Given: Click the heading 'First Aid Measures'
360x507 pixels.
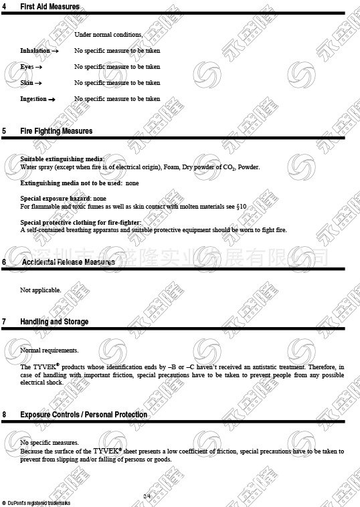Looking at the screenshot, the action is pyautogui.click(x=50, y=7).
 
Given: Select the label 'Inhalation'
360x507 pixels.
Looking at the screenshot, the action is pyautogui.click(x=35, y=51).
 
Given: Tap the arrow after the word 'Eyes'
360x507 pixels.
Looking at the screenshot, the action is pyautogui.click(x=39, y=67).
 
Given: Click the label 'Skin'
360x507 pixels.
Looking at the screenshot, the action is pyautogui.click(x=27, y=83).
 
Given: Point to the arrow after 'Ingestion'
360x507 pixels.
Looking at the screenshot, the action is pyautogui.click(x=52, y=100).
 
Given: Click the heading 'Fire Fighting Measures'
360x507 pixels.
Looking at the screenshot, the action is pyautogui.click(x=56, y=131).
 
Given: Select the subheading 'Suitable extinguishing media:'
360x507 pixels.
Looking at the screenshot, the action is pyautogui.click(x=62, y=159).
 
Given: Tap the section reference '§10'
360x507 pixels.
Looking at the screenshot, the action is pyautogui.click(x=242, y=207).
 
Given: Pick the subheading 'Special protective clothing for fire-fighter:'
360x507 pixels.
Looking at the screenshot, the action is pyautogui.click(x=81, y=223).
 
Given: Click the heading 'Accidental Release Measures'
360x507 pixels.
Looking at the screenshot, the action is pyautogui.click(x=68, y=262).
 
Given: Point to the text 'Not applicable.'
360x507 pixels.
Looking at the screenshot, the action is pyautogui.click(x=41, y=290).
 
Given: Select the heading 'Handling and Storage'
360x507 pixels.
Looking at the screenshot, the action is pyautogui.click(x=54, y=322).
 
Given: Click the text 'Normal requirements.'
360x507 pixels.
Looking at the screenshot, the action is pyautogui.click(x=50, y=350).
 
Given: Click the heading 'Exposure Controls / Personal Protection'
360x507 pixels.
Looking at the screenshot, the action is pyautogui.click(x=84, y=415).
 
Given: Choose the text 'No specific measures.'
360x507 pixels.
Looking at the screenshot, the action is pyautogui.click(x=50, y=443).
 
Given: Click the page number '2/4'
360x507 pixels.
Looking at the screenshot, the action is pyautogui.click(x=147, y=495).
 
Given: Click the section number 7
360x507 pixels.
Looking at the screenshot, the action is pyautogui.click(x=4, y=322).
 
